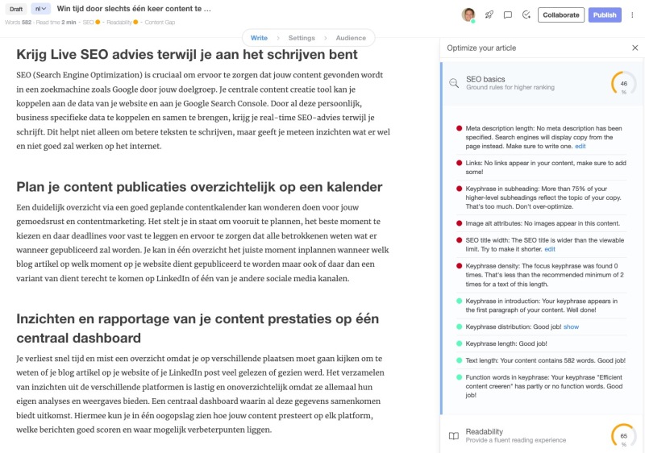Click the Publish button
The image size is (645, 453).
(605, 15)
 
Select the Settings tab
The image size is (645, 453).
(302, 38)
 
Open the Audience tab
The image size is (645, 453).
(351, 38)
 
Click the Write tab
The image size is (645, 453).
(259, 38)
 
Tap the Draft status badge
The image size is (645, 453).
(17, 9)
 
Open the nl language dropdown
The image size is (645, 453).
(41, 9)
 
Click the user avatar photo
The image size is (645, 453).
(468, 15)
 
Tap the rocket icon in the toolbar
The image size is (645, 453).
(489, 15)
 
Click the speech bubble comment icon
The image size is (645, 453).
(508, 15)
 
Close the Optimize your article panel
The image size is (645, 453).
(635, 48)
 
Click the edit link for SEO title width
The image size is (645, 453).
(550, 249)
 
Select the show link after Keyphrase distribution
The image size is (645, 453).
(571, 326)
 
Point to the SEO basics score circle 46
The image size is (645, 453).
(623, 83)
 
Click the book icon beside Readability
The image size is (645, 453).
(454, 436)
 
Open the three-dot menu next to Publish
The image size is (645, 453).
(632, 15)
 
